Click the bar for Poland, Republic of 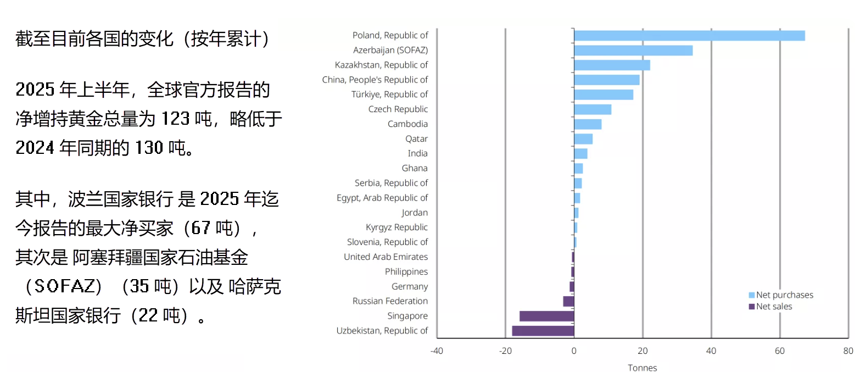tap(689, 36)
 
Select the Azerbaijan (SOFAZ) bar tap(633, 51)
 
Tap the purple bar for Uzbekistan tap(543, 331)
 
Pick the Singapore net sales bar tap(546, 316)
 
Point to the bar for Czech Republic tap(593, 109)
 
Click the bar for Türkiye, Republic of tap(603, 95)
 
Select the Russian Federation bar tap(568, 301)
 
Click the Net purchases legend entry tap(784, 295)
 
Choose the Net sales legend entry tap(774, 307)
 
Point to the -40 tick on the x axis tap(437, 351)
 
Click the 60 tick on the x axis tap(780, 351)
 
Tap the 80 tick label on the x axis tap(848, 351)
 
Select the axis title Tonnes tap(642, 368)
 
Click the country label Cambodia tap(407, 124)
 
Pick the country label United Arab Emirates tap(385, 257)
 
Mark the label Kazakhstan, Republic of tap(381, 65)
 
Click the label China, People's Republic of tap(375, 80)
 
